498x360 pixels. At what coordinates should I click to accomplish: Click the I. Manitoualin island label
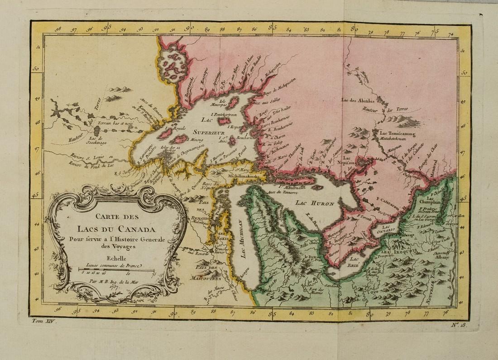[x=295, y=187]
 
